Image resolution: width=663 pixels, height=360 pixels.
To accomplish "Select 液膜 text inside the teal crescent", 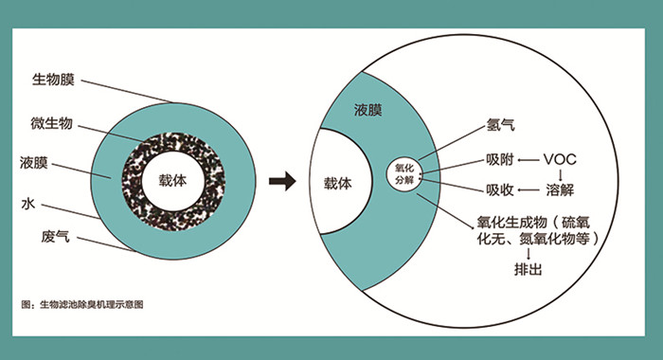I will pos(368,111).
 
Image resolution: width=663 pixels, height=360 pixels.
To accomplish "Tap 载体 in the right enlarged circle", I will pos(337,183).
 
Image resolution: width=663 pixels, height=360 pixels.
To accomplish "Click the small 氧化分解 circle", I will pos(403,174).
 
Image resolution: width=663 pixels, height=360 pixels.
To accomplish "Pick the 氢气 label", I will pos(499,125).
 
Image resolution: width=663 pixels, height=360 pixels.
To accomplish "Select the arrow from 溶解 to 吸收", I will pos(529,189).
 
